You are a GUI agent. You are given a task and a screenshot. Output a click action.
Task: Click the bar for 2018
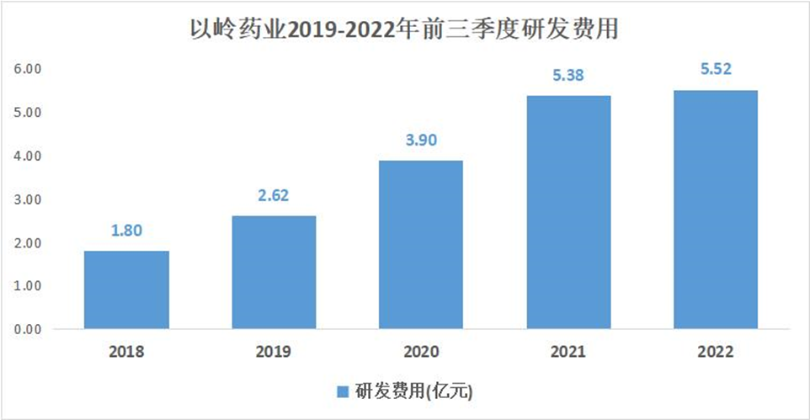[126, 290]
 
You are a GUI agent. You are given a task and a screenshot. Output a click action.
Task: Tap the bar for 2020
[421, 244]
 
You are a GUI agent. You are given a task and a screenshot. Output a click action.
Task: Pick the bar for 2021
[568, 212]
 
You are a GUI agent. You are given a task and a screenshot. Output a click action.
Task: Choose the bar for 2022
[716, 210]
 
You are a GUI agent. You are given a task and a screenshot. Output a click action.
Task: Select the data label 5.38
[568, 76]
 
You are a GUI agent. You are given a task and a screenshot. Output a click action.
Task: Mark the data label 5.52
[716, 71]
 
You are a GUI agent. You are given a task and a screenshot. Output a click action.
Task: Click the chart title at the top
[405, 31]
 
